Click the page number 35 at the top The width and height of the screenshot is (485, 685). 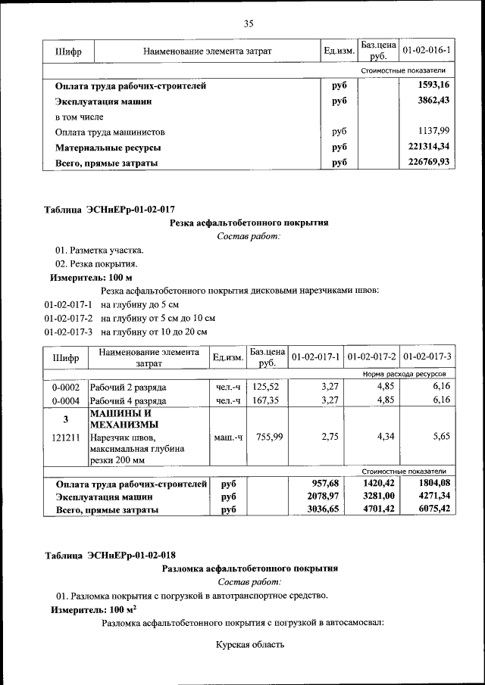(x=248, y=23)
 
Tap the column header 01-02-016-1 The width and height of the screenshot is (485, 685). (x=426, y=51)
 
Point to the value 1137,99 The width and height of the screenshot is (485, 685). (x=433, y=131)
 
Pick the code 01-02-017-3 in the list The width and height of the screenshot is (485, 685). (x=69, y=332)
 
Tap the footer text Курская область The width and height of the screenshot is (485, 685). (x=249, y=645)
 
